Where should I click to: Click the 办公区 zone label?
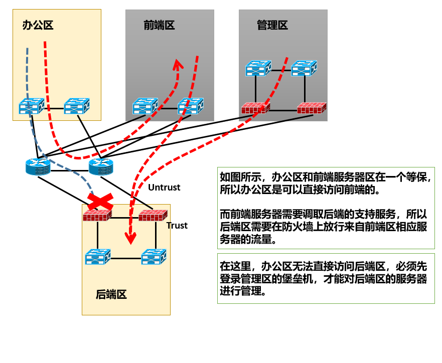38,25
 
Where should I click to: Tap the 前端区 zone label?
159,25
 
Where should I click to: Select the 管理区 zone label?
272,25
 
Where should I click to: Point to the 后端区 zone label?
111,294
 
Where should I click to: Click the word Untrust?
164,188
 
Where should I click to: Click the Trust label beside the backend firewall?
177,226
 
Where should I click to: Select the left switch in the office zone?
32,106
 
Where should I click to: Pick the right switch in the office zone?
77,106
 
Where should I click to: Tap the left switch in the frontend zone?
145,106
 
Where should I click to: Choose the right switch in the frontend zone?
191,106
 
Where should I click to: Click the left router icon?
38,166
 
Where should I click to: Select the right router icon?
101,166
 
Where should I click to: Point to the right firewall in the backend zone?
153,216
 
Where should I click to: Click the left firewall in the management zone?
255,108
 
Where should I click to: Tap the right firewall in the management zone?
311,108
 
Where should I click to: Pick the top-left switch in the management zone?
258,69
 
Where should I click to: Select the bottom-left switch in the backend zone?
98,257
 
